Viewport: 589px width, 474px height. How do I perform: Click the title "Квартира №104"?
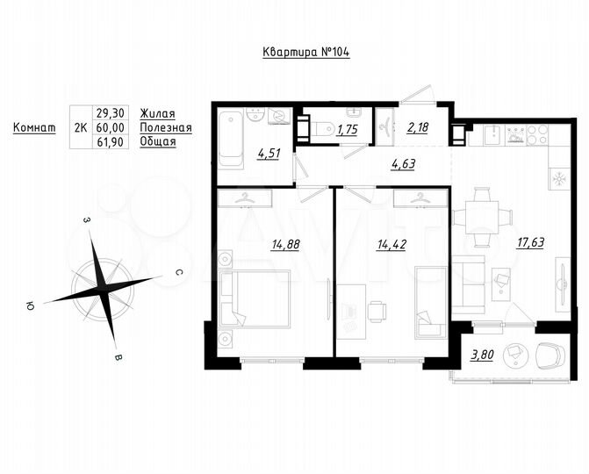[x=306, y=52]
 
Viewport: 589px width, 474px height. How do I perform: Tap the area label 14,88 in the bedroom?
[x=285, y=245]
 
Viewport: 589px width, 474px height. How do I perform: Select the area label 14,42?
[x=391, y=245]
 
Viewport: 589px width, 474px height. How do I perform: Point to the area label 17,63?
[x=530, y=243]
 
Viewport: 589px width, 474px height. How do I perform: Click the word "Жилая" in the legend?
[x=157, y=114]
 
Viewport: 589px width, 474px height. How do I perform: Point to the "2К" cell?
[x=80, y=127]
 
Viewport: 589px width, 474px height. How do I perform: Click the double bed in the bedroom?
[x=255, y=298]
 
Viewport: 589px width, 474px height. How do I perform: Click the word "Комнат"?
[x=35, y=127]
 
